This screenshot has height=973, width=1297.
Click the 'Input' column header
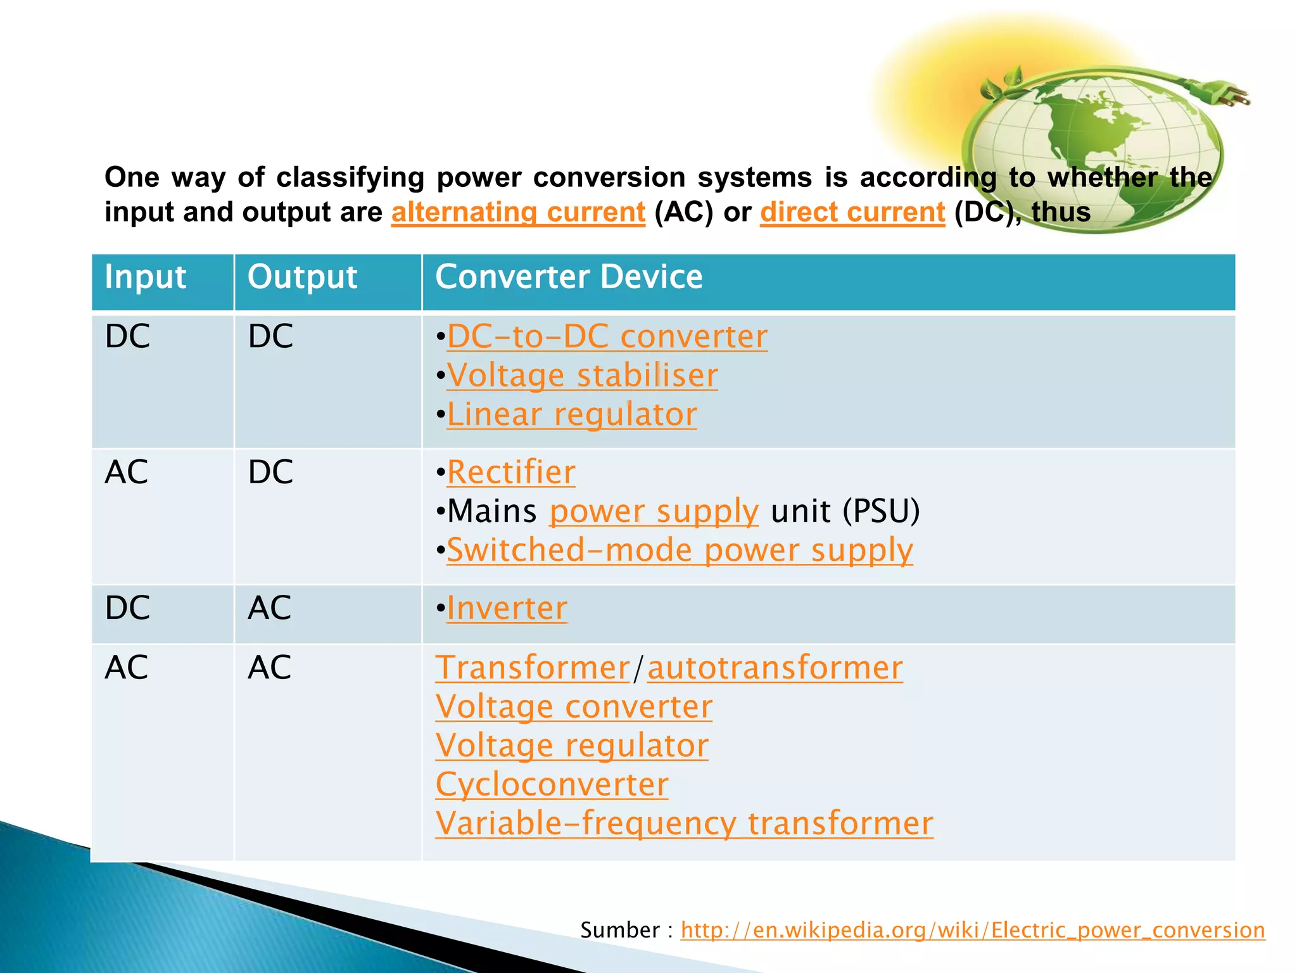(146, 277)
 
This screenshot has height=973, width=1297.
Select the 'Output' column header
(302, 277)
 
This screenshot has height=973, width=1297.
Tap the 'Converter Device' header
(569, 277)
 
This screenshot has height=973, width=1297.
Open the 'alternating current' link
(518, 212)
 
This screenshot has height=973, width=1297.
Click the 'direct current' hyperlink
(852, 212)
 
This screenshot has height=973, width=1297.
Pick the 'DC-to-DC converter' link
(607, 336)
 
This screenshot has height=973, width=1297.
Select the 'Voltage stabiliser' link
(582, 375)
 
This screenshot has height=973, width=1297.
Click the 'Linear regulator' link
(571, 414)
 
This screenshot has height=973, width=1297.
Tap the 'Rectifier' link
(511, 472)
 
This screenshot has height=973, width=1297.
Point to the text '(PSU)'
(881, 511)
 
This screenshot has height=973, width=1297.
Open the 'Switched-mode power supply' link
(680, 550)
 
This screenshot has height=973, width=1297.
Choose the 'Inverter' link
(507, 608)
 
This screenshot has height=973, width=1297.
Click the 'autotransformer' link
(775, 668)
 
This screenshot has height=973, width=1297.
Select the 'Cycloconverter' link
(552, 784)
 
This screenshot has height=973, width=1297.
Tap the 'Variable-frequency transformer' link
(684, 824)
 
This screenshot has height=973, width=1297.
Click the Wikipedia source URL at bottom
(972, 930)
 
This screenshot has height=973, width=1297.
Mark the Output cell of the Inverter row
(270, 608)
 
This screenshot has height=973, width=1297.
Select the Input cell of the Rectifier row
(127, 472)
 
